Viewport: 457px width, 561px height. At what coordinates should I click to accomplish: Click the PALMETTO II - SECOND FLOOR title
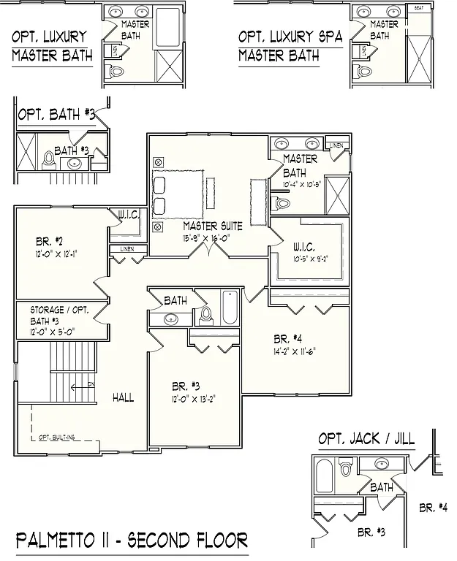[x=132, y=541]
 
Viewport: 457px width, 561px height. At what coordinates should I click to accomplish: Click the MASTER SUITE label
[x=213, y=226]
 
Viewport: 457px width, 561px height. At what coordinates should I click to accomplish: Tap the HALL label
[x=123, y=397]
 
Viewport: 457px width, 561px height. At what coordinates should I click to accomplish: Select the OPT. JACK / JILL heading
[x=366, y=439]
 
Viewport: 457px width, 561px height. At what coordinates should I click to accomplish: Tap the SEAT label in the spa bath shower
[x=419, y=8]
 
